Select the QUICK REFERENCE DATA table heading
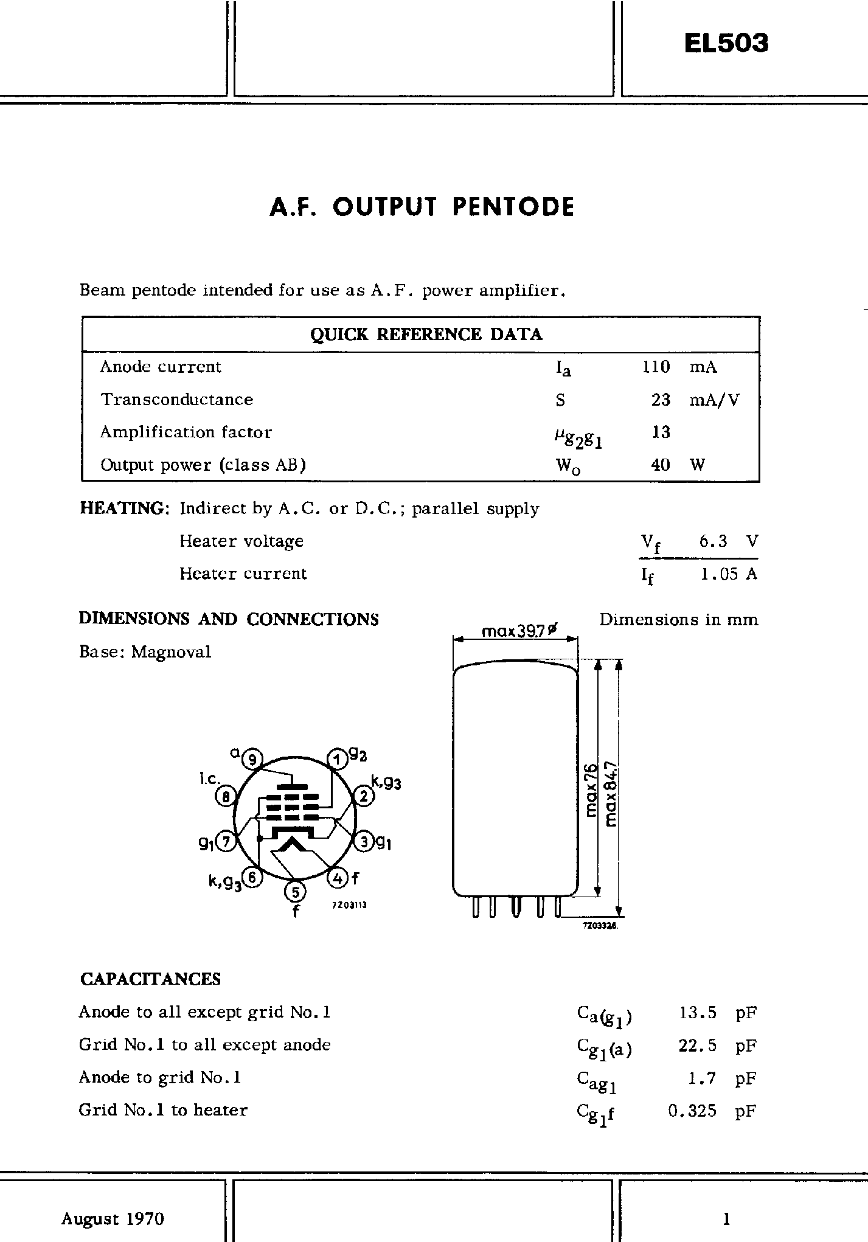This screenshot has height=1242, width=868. pos(426,335)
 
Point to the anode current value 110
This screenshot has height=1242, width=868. pos(656,367)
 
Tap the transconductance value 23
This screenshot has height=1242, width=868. pos(661,400)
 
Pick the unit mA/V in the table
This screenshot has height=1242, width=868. pos(715,400)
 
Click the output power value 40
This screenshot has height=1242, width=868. pos(660,465)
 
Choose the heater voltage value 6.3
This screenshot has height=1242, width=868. pos(713,541)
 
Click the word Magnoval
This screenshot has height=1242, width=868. pos(172,652)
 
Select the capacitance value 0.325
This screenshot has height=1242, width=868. pos(692,1111)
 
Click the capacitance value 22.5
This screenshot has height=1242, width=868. pos(697,1045)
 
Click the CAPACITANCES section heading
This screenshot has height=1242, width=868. pos(150,979)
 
